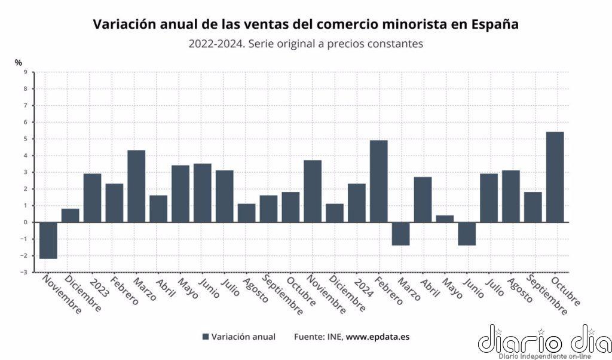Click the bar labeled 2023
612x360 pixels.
coord(92,198)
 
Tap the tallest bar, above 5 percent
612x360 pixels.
coord(555,177)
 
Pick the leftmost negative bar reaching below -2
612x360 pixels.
coord(48,240)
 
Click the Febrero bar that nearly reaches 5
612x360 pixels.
coord(379,181)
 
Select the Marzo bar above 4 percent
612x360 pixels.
coord(136,186)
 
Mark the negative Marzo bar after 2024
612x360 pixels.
coord(400,233)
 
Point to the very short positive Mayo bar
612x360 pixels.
coord(445,219)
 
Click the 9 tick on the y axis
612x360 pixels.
coord(25,72)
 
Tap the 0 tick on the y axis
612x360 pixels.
coord(25,222)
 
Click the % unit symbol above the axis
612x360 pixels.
coord(19,62)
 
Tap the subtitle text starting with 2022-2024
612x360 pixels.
coord(305,44)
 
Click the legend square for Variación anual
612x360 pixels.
coord(206,337)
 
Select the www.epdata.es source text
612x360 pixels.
coord(378,337)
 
